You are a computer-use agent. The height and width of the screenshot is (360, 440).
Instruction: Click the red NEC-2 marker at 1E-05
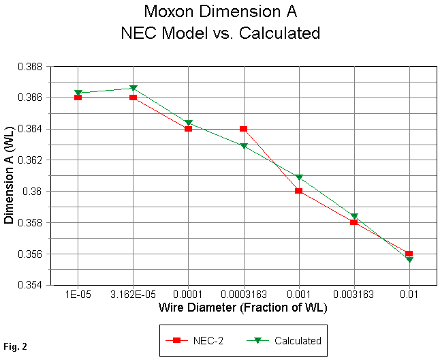coord(78,97)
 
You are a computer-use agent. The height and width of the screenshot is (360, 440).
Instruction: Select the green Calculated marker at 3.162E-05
coord(133,89)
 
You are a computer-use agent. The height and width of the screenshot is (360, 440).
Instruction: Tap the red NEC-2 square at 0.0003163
coord(243,129)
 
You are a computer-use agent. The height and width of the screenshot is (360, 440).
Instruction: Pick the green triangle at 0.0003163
coord(243,146)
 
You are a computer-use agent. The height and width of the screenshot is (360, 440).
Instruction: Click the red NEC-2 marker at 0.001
coord(298,191)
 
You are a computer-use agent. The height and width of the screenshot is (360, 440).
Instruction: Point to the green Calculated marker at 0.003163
coord(354,216)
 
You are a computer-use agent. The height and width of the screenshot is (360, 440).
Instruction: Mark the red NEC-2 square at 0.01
coord(409,254)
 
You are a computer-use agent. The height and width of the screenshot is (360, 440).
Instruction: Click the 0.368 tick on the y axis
coord(32,67)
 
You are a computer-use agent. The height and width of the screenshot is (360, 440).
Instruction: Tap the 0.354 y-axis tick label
coord(32,285)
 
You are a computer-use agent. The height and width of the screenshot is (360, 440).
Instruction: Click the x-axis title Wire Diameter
coord(243,307)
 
